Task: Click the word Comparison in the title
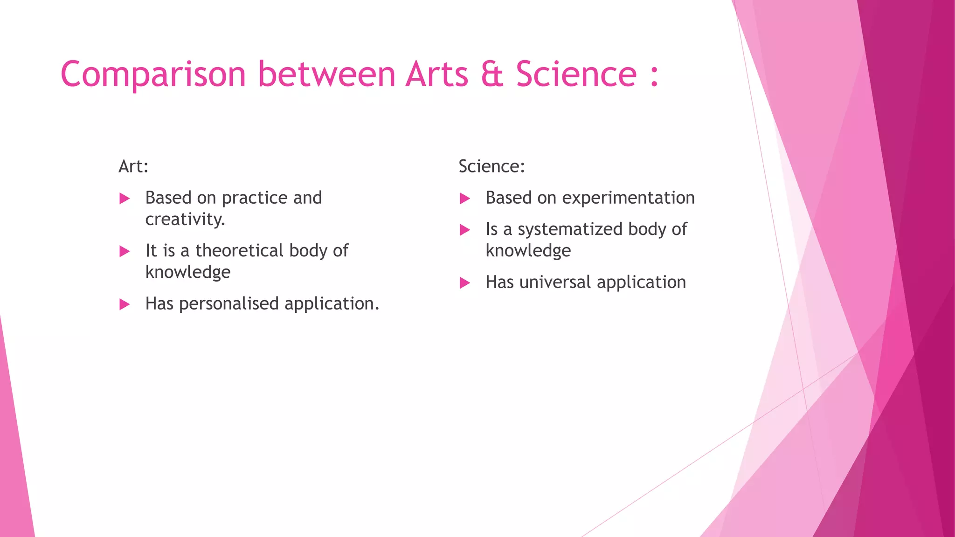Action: tap(153, 75)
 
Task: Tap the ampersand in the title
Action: tap(492, 75)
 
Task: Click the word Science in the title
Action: tap(576, 75)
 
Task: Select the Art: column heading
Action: tap(133, 166)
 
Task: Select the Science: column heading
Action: tap(491, 166)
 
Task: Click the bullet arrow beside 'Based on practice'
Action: tap(125, 199)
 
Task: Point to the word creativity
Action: tap(185, 220)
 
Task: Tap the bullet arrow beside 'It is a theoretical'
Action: tap(125, 252)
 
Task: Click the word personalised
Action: tap(228, 304)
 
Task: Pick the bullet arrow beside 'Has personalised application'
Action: tap(125, 305)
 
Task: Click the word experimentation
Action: tap(628, 198)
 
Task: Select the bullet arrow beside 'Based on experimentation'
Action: tap(464, 199)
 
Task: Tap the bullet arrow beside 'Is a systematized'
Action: tap(464, 230)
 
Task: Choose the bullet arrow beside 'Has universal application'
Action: tap(464, 283)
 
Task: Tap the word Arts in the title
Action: tap(436, 75)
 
